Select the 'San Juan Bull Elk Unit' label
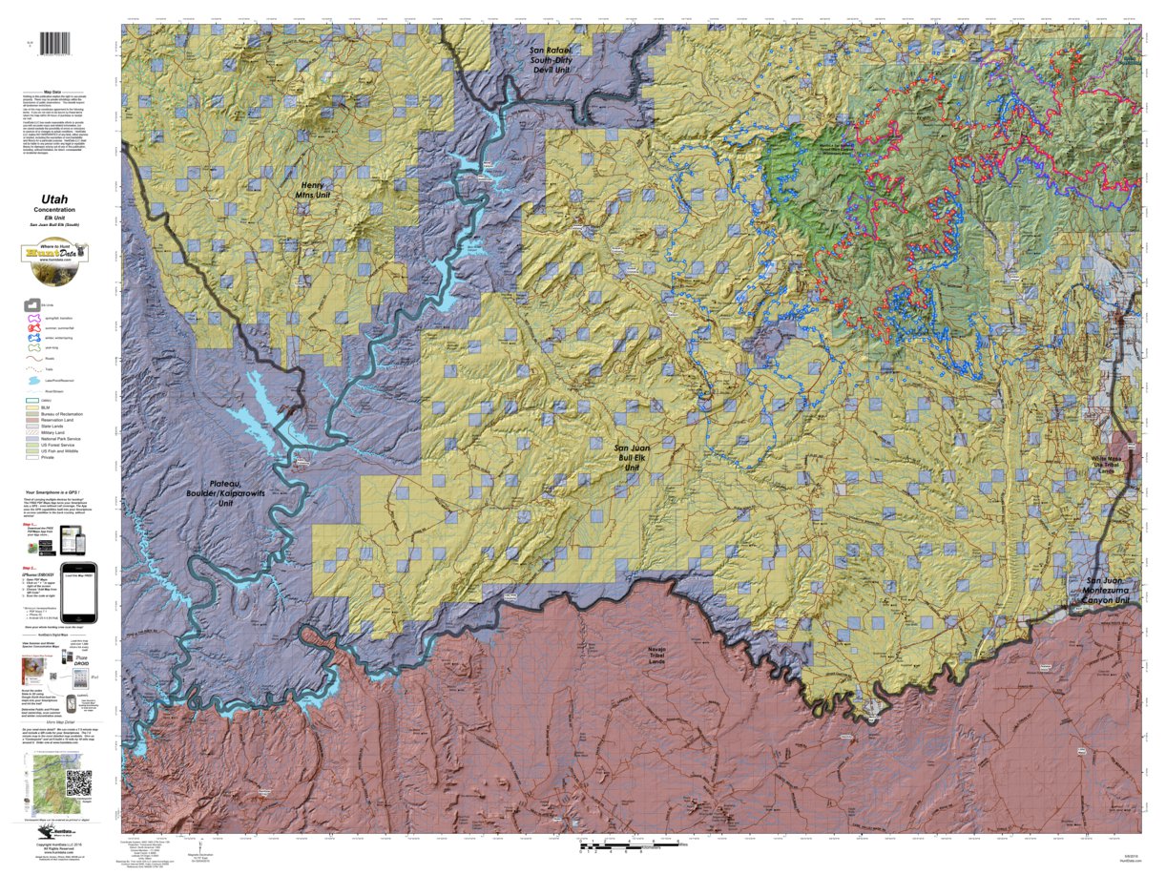pyautogui.click(x=631, y=458)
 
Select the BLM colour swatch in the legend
pyautogui.click(x=32, y=408)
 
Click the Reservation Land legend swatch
pyautogui.click(x=32, y=420)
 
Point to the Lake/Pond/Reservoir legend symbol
pyautogui.click(x=34, y=379)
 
